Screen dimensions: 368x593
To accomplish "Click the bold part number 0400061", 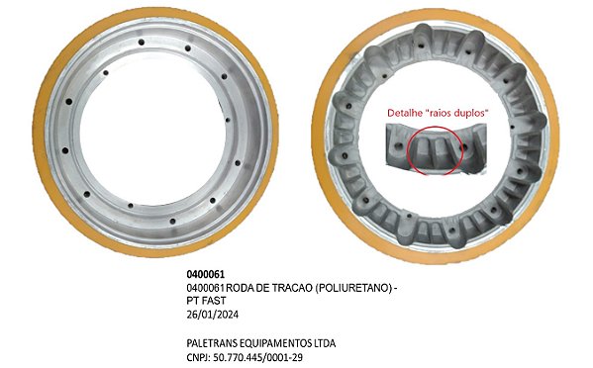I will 205,273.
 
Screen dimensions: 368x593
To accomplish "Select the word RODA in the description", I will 244,287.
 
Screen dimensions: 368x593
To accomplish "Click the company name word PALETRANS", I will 214,342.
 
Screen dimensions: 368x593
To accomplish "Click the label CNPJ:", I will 200,356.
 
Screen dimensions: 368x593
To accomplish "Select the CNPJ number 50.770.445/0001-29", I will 260,356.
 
